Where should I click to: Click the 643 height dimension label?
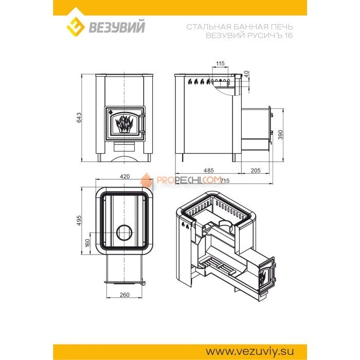(x=79, y=117)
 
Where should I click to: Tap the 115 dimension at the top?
(x=220, y=63)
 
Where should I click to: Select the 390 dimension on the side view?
(x=281, y=135)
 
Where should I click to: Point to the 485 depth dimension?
(x=208, y=170)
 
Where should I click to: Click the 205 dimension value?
(x=256, y=170)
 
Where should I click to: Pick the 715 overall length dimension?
(x=225, y=181)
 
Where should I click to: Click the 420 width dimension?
(x=124, y=176)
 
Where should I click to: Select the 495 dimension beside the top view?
(x=79, y=221)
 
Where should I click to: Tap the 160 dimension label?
(x=87, y=243)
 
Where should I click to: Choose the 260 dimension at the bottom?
(x=124, y=295)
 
